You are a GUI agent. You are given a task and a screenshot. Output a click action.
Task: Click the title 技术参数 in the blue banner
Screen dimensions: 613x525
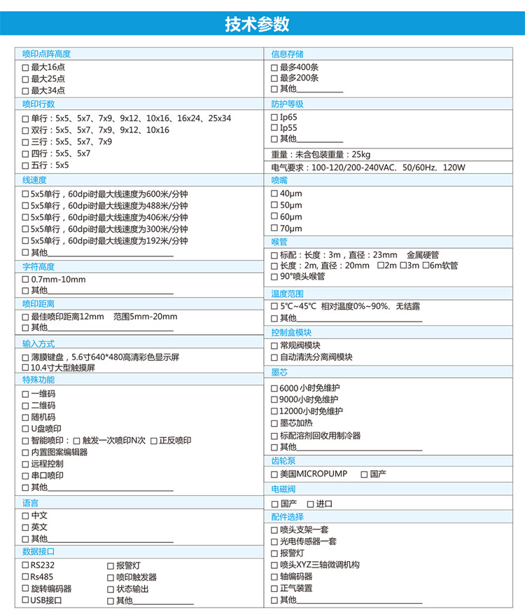[x=257, y=24]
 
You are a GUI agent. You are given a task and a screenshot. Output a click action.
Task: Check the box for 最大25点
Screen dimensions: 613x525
[x=26, y=79]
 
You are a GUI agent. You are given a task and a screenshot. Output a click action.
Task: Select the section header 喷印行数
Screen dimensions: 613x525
[x=38, y=104]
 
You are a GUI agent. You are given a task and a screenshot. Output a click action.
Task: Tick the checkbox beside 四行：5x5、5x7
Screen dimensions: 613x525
[x=26, y=153]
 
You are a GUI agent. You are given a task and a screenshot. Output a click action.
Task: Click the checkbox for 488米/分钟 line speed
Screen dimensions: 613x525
[x=26, y=206]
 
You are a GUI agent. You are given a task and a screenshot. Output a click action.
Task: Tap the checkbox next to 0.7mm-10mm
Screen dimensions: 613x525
[x=26, y=280]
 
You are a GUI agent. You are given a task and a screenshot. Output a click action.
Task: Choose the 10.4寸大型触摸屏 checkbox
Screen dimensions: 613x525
[x=26, y=367]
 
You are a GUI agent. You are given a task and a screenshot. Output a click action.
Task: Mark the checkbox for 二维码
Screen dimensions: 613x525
[x=26, y=406]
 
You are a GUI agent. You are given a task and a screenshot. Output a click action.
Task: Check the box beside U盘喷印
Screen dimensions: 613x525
[x=26, y=429]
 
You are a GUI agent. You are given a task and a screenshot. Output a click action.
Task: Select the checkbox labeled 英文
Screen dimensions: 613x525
[x=26, y=527]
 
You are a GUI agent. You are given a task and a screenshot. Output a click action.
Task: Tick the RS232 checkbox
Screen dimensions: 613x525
[x=26, y=565]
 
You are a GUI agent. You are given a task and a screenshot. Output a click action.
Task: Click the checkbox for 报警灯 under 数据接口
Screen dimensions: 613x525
[x=111, y=565]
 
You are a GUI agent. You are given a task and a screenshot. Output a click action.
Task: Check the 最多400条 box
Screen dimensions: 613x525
[x=274, y=67]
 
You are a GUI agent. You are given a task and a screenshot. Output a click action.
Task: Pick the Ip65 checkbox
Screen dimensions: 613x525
[x=274, y=117]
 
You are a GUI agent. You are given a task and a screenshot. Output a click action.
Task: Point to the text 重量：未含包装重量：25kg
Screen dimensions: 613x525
[x=321, y=154]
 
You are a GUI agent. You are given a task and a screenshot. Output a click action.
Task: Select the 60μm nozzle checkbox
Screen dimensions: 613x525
[x=274, y=216]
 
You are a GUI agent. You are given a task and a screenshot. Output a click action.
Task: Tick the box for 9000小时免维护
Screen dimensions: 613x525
[x=274, y=399]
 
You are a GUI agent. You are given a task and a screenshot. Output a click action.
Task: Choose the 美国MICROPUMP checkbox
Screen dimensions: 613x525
[x=274, y=474]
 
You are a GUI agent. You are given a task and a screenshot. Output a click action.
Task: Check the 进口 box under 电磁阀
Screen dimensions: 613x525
[x=310, y=504]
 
